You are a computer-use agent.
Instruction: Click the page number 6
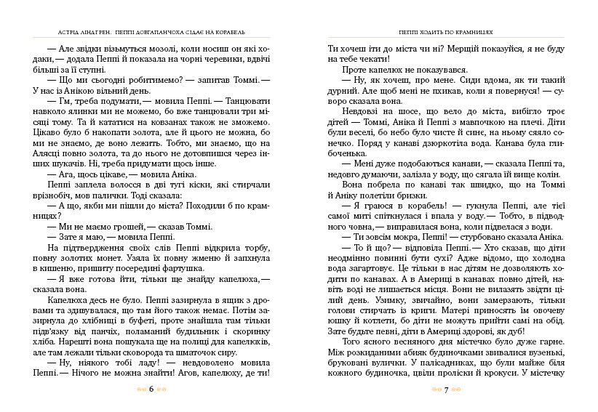click(x=151, y=389)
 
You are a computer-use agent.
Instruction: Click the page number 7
click(x=445, y=389)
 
